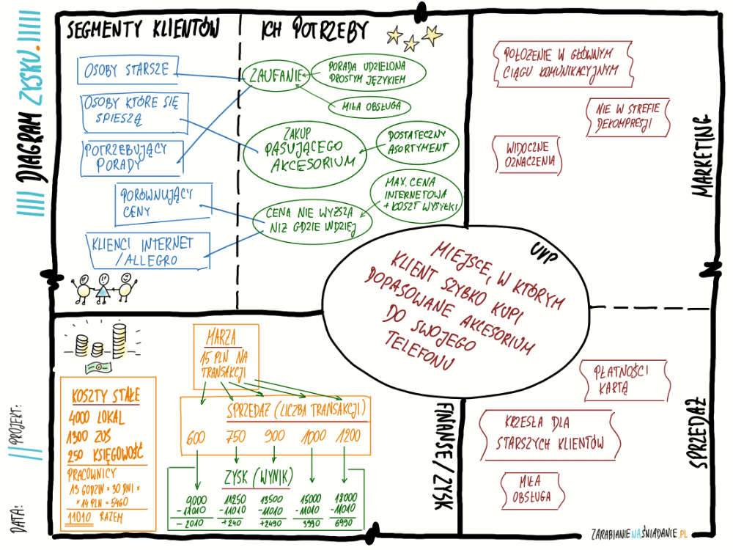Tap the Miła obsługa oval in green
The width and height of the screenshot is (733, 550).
point(371,106)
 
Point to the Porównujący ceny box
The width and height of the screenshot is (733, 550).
point(163,202)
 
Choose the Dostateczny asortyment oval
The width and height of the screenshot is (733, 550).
point(416,141)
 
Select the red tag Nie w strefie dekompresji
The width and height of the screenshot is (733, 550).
point(628,117)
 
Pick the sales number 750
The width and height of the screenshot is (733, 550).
point(237,438)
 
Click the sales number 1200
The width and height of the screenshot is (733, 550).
point(348,438)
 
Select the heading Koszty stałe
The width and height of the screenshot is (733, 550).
point(106,397)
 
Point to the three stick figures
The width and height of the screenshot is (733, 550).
point(104,287)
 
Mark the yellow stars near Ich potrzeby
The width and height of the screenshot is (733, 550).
point(414,36)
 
